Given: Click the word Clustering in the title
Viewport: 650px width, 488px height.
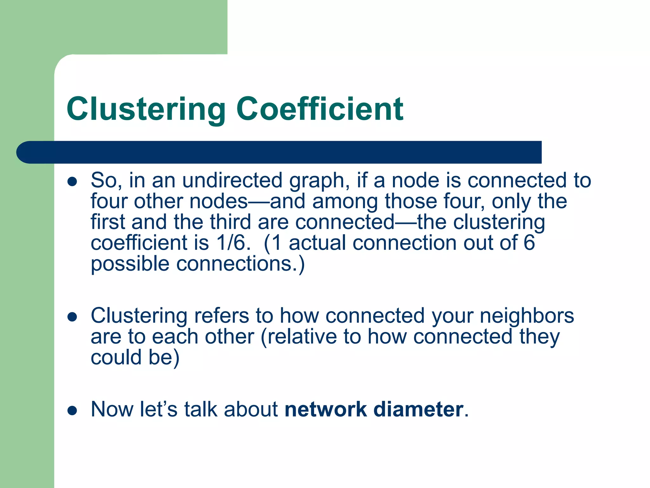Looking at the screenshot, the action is coord(146,109).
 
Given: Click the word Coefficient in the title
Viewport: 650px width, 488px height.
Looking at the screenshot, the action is coord(320,109).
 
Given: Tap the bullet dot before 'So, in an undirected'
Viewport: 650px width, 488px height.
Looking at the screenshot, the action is coord(72,182).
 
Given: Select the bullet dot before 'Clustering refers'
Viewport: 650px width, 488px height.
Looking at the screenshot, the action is coord(72,317).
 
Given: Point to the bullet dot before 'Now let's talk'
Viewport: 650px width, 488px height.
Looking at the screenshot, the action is coord(72,410).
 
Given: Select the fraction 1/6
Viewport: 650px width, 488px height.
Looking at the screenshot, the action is coord(231,243).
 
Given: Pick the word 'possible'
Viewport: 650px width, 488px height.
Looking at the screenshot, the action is coord(130,264).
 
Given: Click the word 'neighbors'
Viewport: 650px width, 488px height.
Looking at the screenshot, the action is coord(527,316).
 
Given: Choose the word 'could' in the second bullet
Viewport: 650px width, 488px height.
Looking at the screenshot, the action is coord(116,357).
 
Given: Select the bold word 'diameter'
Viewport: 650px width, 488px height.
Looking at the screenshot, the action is coord(418,409).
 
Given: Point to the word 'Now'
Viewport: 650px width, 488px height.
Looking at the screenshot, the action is coord(112,409).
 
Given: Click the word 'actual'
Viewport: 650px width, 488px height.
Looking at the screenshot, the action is coord(317,243).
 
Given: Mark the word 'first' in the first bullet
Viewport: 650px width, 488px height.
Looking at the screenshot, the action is coord(108,222).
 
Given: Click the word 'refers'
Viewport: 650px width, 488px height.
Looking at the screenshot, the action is coord(222,316).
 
